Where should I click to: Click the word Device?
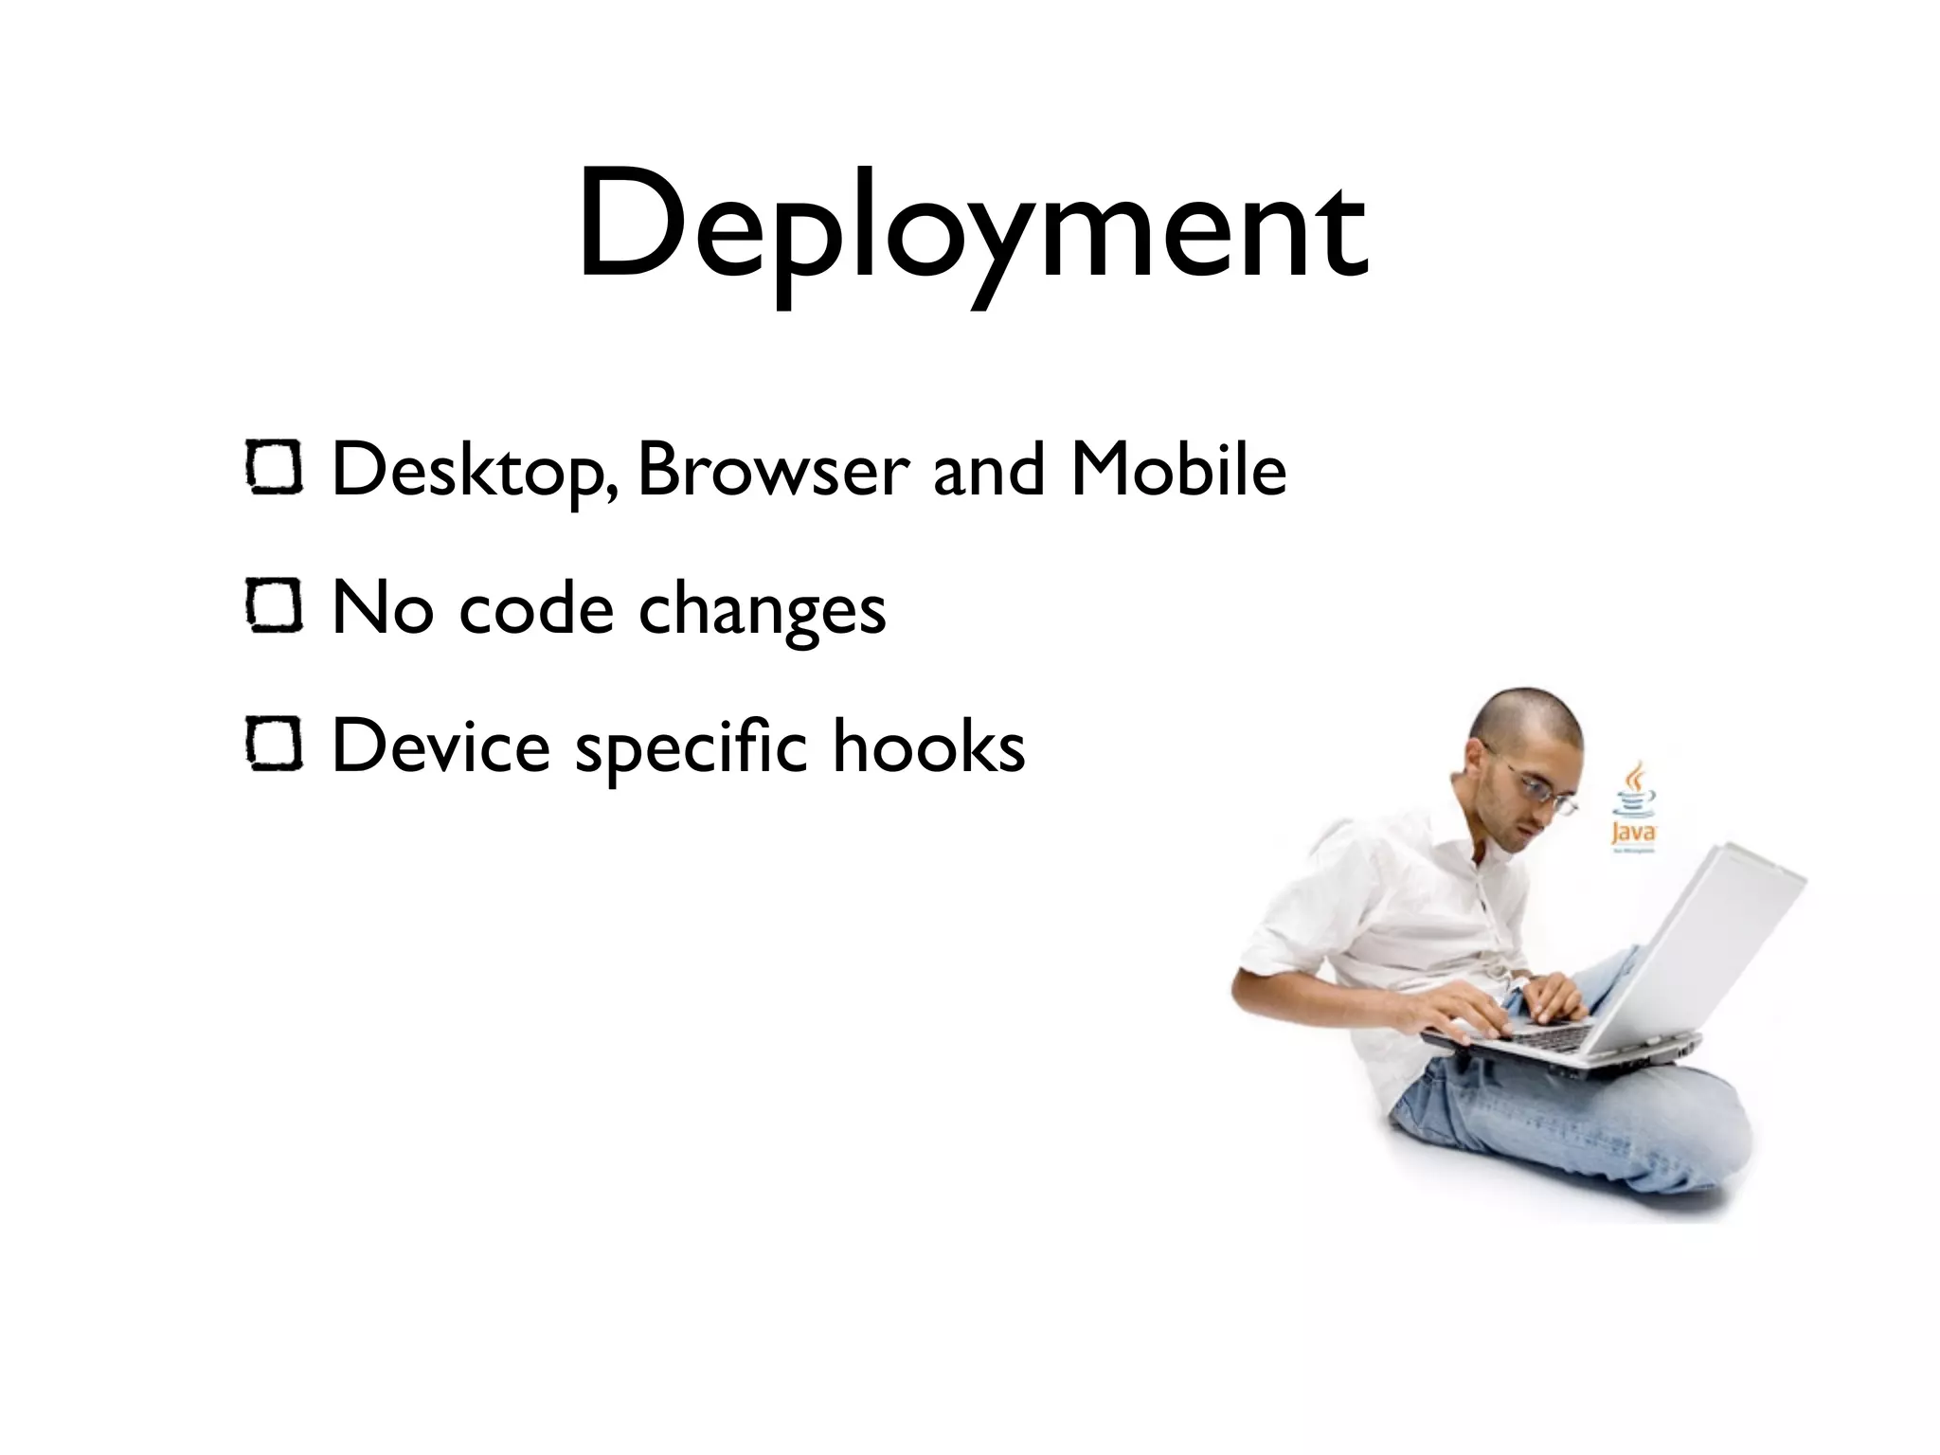[441, 745]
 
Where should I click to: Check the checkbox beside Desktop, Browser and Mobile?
[275, 470]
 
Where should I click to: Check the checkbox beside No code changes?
[275, 607]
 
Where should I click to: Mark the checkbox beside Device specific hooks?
[275, 745]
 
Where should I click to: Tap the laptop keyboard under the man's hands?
[1554, 1034]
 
